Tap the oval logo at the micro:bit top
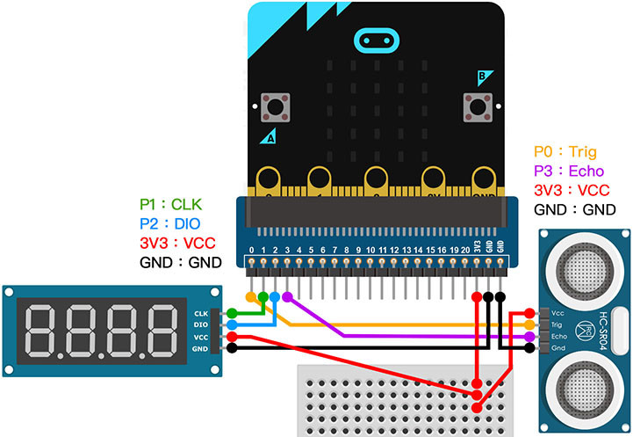pyautogui.click(x=376, y=40)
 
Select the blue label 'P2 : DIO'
pyautogui.click(x=171, y=222)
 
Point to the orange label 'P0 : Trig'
pyautogui.click(x=566, y=152)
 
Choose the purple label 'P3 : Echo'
pyautogui.click(x=571, y=171)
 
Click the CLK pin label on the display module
pyautogui.click(x=200, y=313)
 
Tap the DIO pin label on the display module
pyautogui.click(x=200, y=324)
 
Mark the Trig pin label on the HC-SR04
pyautogui.click(x=557, y=324)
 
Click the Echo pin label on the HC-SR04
pyautogui.click(x=557, y=337)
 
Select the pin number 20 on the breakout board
pyautogui.click(x=465, y=251)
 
